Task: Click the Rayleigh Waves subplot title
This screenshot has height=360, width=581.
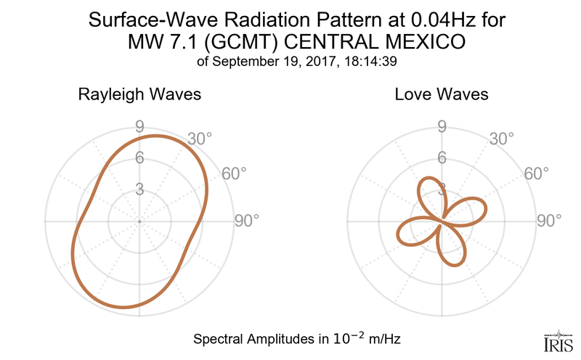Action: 139,94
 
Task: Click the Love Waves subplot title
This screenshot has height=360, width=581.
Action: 441,94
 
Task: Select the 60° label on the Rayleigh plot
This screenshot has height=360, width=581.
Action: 233,173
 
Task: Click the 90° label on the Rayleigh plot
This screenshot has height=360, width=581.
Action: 247,221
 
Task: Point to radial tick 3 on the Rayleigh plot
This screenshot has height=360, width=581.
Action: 139,189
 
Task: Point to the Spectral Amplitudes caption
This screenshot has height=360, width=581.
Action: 298,338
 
